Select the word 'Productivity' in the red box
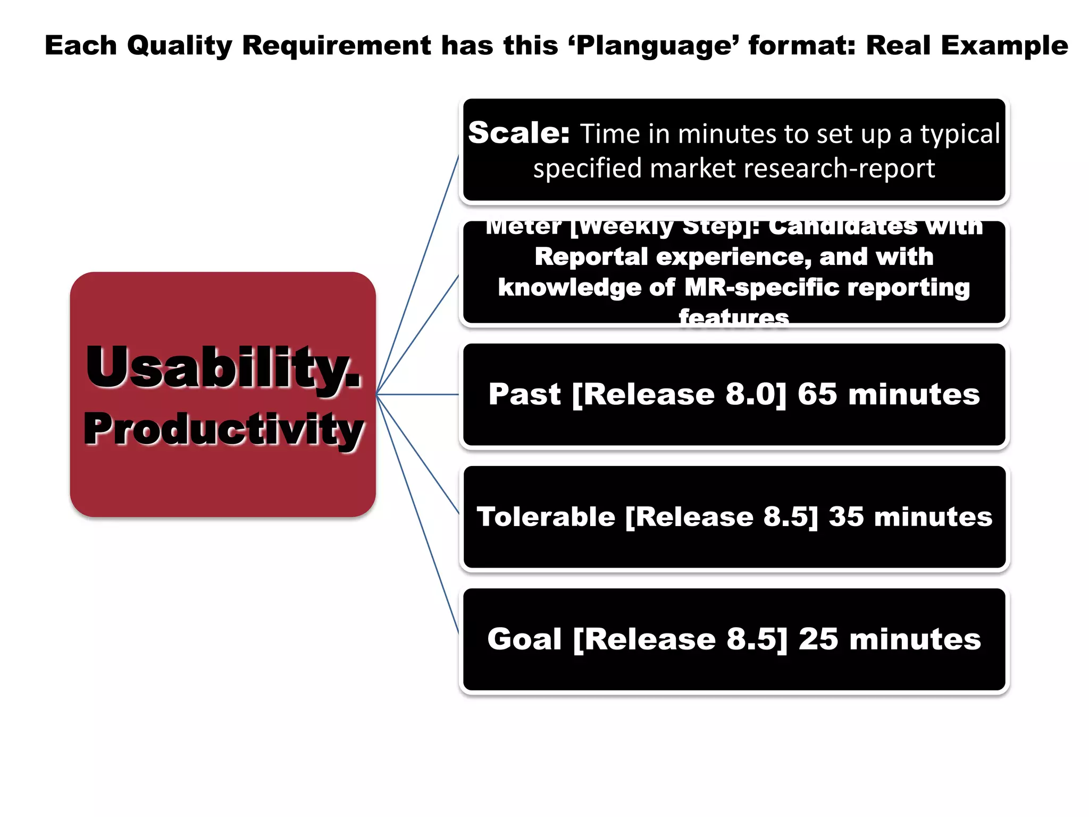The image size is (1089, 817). point(223,430)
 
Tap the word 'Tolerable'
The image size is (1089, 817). point(546,517)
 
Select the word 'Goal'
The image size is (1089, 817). point(524,639)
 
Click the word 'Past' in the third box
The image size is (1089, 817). point(524,395)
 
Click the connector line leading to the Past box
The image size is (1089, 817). point(417,395)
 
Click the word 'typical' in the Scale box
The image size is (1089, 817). point(960,134)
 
